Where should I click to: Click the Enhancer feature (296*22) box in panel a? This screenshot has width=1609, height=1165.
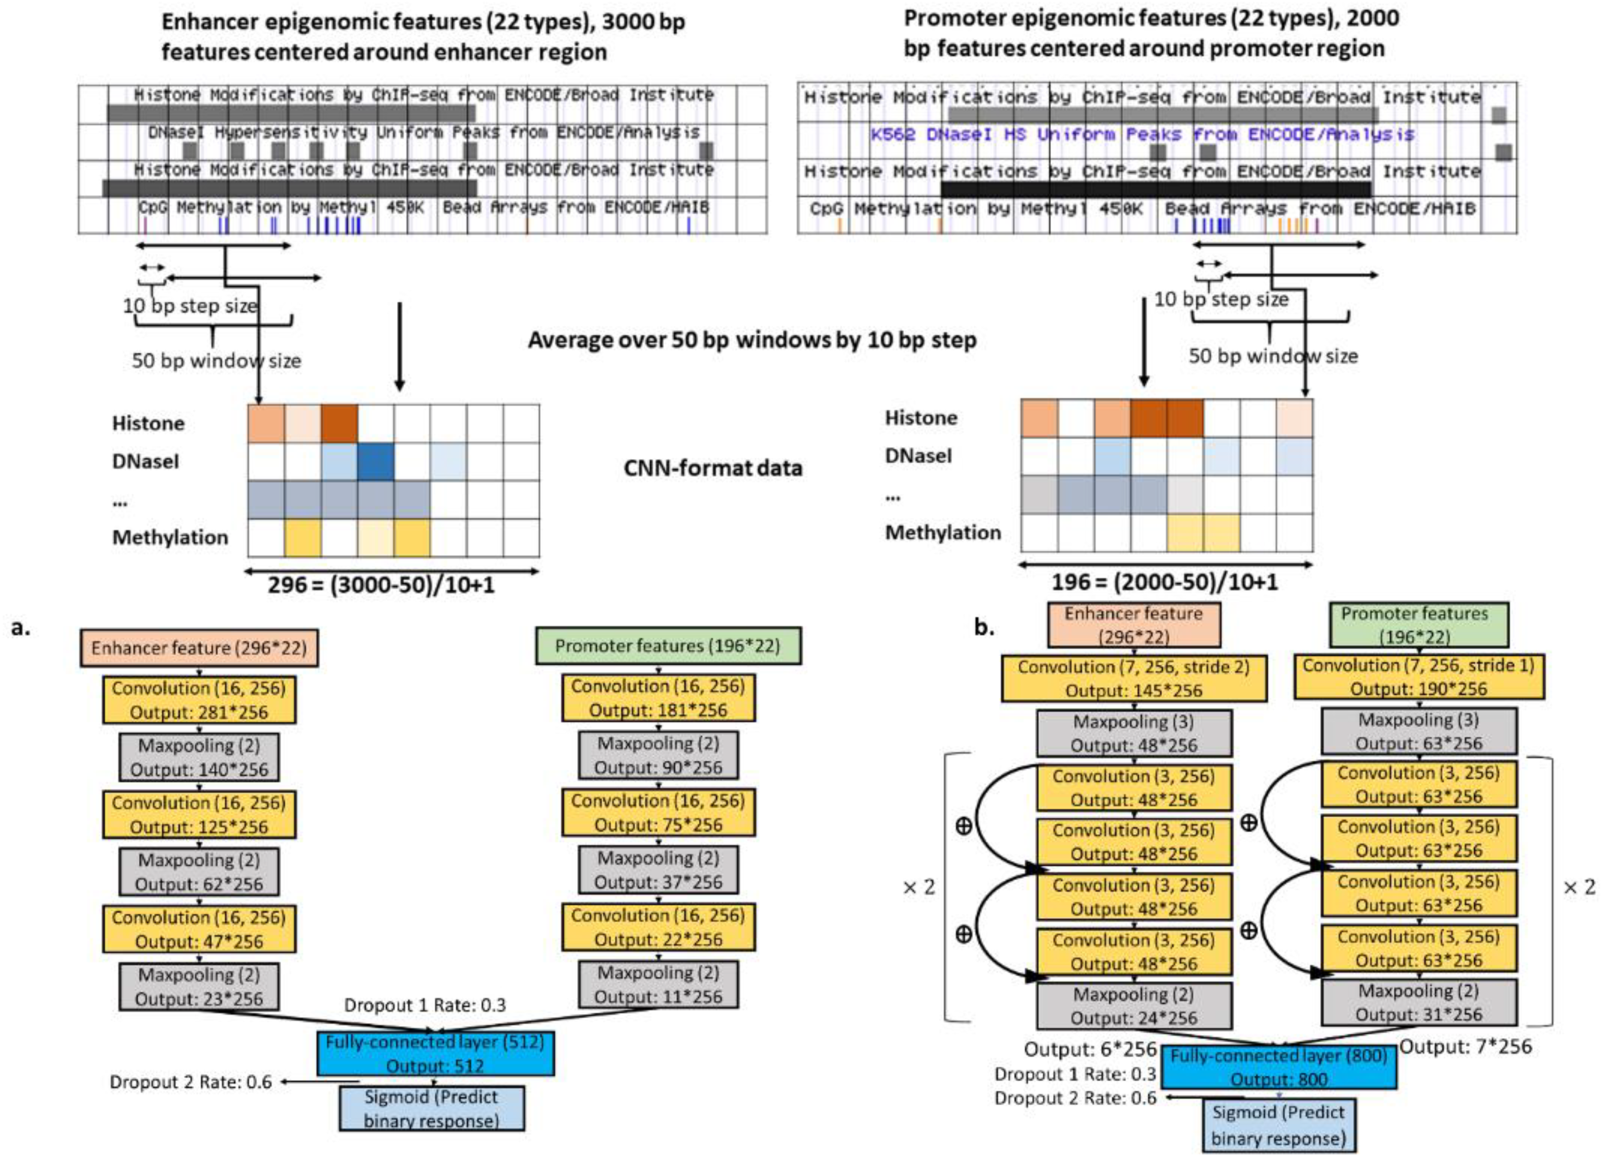199,647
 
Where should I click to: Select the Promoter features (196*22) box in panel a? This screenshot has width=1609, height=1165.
668,646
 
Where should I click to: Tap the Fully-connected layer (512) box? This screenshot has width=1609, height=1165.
435,1053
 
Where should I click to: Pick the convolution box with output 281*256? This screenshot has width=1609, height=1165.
199,700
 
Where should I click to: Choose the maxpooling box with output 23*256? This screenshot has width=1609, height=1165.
199,986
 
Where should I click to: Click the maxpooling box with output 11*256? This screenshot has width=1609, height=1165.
658,984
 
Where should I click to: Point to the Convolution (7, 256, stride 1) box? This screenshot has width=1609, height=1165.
1418,676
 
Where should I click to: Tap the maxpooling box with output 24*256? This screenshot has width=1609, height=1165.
1134,1005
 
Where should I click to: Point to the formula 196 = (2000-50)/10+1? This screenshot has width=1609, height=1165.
1164,583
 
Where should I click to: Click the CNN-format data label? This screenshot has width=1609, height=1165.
712,468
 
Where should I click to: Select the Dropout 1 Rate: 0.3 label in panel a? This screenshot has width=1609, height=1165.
425,1005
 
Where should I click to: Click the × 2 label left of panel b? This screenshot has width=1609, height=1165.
919,887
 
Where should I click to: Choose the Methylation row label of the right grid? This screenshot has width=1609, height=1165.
942,532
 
